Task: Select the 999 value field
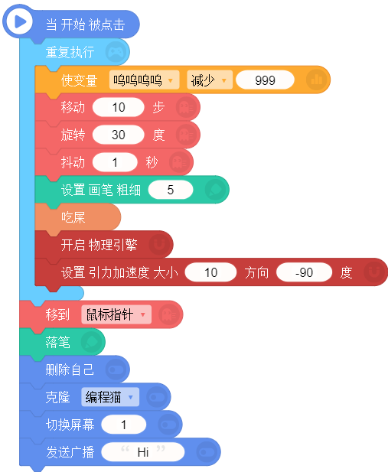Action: [265, 80]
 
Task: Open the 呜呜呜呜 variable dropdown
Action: [145, 80]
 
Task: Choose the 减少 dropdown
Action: [210, 80]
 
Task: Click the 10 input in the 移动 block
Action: [119, 107]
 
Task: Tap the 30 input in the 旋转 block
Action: [119, 135]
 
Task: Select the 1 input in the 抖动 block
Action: [115, 162]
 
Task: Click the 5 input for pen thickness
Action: [171, 190]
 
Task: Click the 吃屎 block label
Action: [73, 217]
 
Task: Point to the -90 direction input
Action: [305, 272]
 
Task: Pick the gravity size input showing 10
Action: [211, 272]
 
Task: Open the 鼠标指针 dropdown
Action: [116, 315]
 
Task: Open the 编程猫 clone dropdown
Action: [110, 397]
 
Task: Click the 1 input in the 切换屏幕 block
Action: [123, 425]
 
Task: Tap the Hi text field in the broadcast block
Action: [143, 452]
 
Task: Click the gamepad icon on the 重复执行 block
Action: [116, 52]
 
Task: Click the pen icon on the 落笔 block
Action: [92, 342]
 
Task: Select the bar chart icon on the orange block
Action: [317, 80]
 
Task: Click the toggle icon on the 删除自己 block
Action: [116, 369]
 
